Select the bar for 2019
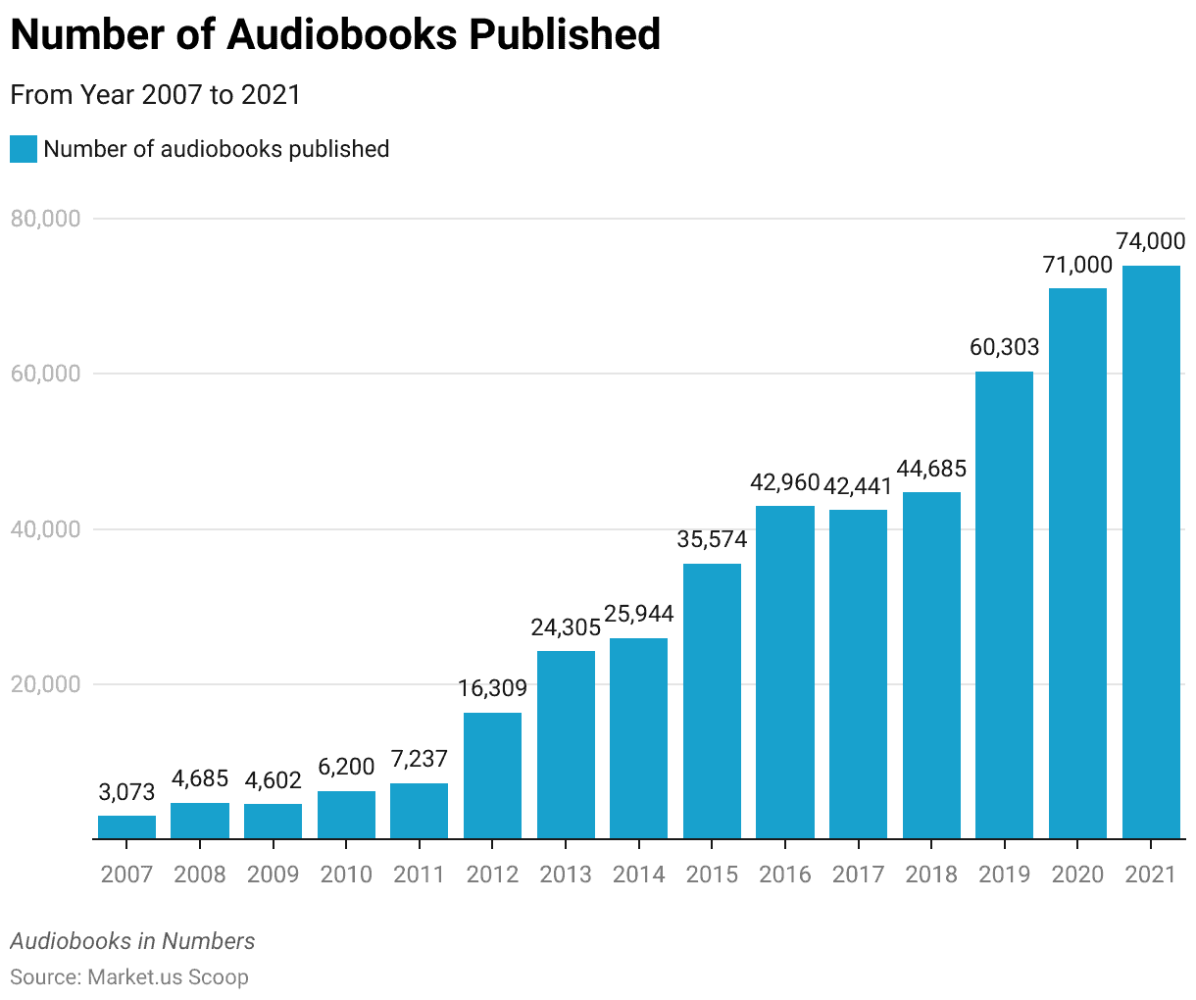click(x=1004, y=605)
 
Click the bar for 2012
click(x=492, y=775)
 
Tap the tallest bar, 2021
click(x=1151, y=552)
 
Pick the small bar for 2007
click(x=126, y=827)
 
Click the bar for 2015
click(x=712, y=701)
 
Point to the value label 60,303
click(x=1004, y=347)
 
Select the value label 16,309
click(x=492, y=688)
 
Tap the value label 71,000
click(x=1077, y=265)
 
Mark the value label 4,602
click(x=273, y=780)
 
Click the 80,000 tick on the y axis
click(x=45, y=219)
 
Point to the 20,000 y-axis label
click(x=45, y=684)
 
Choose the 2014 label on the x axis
click(x=638, y=874)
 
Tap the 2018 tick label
click(x=931, y=874)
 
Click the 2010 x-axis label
click(x=346, y=874)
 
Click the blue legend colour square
click(x=24, y=149)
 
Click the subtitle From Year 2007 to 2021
click(x=155, y=95)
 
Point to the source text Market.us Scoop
click(x=168, y=976)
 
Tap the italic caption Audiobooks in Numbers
click(x=132, y=941)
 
